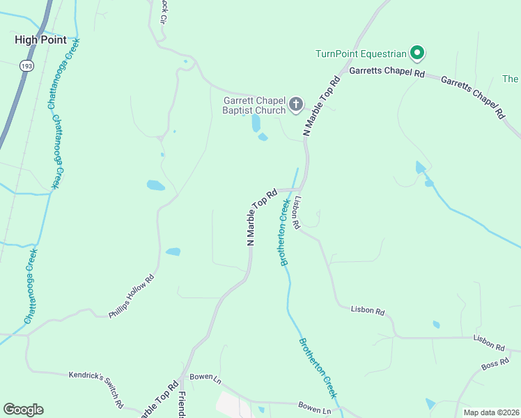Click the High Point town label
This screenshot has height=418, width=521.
[40, 40]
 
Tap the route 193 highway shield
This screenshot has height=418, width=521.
[26, 65]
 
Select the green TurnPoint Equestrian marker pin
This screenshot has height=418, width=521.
[417, 52]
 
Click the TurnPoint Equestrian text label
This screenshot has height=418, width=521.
[360, 54]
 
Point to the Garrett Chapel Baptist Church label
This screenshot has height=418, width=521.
[254, 105]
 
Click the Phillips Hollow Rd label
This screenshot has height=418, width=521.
[130, 297]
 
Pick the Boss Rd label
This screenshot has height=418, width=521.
[495, 364]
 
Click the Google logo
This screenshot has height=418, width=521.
[23, 410]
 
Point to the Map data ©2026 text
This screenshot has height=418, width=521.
[490, 412]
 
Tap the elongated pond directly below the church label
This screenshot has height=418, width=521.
[256, 123]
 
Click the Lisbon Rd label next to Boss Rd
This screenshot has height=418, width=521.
[489, 342]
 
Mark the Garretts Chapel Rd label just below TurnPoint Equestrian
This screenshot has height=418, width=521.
[387, 72]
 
